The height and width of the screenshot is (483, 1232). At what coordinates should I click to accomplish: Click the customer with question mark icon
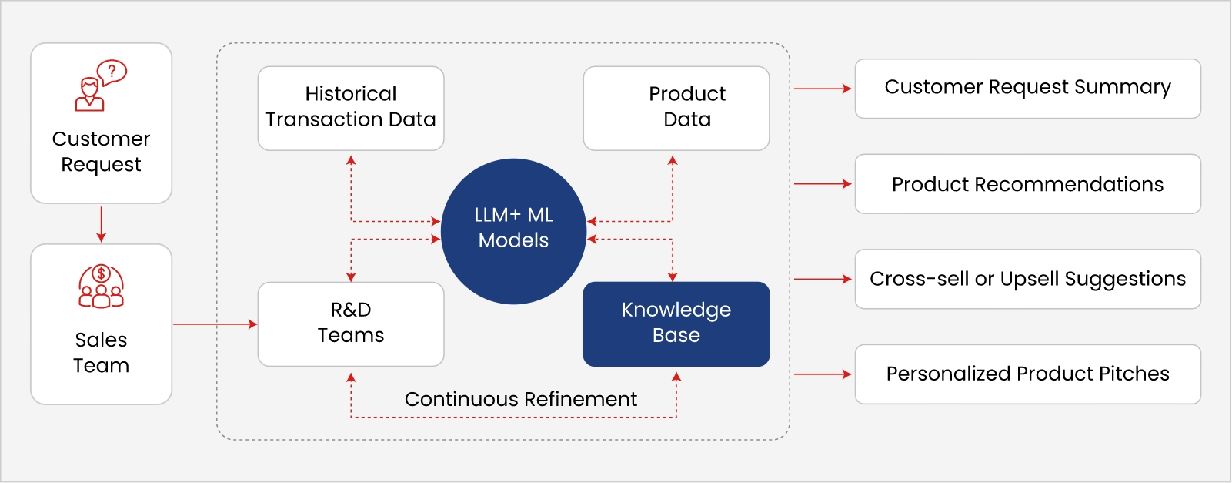coord(101,86)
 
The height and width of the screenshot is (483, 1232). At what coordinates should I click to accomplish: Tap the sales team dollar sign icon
coord(101,286)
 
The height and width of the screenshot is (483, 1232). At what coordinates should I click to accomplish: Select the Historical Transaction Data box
coord(351,108)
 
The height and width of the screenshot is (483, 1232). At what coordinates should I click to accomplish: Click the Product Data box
coord(676,108)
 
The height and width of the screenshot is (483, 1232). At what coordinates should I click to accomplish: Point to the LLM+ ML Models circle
coord(513,230)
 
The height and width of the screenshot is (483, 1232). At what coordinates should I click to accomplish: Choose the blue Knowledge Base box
coord(676,324)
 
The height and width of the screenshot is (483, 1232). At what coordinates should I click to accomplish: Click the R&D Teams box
coord(351,324)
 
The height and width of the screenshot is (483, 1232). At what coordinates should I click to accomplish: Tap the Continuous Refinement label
coord(520,399)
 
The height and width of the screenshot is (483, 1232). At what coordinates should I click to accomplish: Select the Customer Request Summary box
coord(1027,89)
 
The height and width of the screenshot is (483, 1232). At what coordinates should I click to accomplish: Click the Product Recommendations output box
coord(1027,184)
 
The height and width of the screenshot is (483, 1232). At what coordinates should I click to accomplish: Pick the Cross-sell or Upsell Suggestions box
coord(1027,279)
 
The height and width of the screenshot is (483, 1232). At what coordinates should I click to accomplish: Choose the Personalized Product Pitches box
coord(1027,374)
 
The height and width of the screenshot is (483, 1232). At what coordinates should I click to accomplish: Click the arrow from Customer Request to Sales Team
coord(101,224)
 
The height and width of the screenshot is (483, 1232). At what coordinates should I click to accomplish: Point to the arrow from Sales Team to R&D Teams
coord(215,324)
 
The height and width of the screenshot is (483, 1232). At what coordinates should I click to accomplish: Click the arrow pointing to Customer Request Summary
coord(823,89)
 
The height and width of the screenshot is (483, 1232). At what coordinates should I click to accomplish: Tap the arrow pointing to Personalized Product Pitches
coord(823,374)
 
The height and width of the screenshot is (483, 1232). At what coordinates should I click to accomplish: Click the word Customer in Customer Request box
coord(101,139)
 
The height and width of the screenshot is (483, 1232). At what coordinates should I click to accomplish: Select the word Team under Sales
coord(101,365)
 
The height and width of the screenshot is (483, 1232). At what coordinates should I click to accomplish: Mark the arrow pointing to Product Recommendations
coord(823,184)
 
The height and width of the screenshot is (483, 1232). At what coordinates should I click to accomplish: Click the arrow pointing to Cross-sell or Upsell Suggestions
coord(823,279)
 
